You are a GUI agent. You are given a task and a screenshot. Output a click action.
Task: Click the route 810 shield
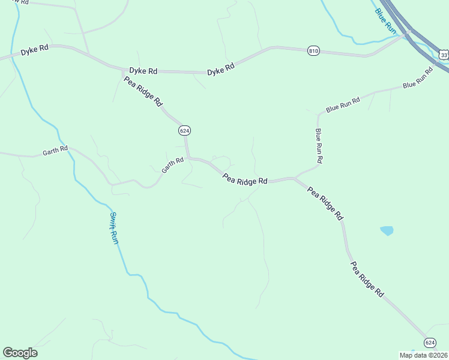pos(313,51)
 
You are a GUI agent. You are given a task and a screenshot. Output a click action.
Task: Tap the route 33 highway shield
pos(444,55)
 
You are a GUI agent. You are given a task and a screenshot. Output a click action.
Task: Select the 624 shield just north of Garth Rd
pos(184,130)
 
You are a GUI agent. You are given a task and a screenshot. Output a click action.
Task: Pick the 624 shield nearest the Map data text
pos(429,342)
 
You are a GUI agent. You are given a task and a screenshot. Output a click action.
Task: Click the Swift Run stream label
pos(115,228)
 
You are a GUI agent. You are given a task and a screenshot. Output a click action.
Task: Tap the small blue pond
pos(387,230)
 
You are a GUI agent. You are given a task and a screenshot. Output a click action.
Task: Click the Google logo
pos(20,352)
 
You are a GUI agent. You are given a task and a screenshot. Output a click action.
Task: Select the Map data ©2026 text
pos(424,355)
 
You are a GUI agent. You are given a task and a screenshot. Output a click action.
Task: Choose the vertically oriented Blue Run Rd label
pos(319,146)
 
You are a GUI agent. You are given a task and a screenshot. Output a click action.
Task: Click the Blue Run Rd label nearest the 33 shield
pos(418,78)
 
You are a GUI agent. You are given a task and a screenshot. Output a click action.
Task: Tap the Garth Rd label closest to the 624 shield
pos(172,165)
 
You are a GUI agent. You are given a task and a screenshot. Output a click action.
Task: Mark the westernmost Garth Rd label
pos(55,151)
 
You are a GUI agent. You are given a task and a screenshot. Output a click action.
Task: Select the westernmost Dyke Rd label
pos(34,51)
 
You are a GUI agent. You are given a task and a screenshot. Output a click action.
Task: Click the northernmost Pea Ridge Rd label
pos(143,91)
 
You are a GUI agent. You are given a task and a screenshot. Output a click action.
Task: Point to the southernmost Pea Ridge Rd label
pos(367,280)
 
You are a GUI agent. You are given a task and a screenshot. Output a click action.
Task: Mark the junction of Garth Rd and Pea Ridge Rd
pos(188,158)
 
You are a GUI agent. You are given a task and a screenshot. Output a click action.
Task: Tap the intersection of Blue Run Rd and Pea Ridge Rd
pos(294,178)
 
